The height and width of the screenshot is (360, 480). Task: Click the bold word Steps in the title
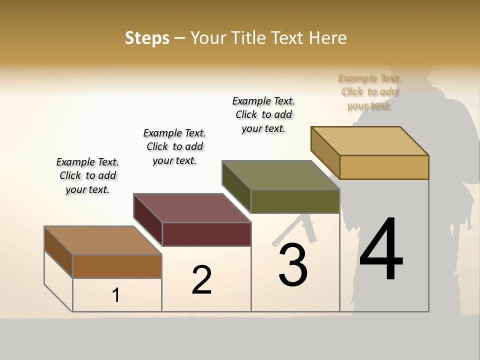click(146, 38)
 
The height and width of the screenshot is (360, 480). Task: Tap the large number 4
click(381, 249)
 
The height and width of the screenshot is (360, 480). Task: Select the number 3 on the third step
click(293, 264)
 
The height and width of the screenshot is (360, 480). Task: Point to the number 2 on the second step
click(202, 280)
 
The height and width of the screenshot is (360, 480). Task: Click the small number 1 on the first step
click(116, 295)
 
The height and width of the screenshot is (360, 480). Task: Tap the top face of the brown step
click(102, 240)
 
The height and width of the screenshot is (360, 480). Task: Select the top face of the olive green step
click(281, 175)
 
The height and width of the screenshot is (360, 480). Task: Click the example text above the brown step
click(87, 175)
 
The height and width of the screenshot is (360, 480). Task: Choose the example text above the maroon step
click(174, 146)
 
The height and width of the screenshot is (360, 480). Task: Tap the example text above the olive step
click(263, 114)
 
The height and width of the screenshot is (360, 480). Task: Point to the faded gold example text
click(369, 92)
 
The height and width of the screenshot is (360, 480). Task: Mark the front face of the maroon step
click(206, 234)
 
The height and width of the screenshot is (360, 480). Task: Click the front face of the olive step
click(295, 201)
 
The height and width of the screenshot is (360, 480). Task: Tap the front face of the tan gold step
click(384, 167)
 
